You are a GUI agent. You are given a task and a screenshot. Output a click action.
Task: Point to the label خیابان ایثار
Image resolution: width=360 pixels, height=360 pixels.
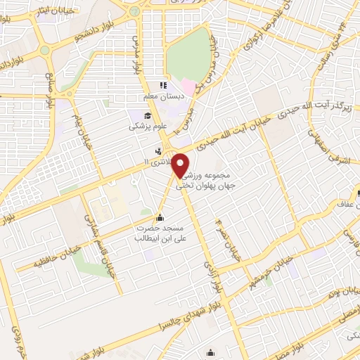pyautogui.click(x=62, y=8)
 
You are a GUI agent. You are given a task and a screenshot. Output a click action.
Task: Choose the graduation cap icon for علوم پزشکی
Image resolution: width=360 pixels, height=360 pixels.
pyautogui.click(x=148, y=116)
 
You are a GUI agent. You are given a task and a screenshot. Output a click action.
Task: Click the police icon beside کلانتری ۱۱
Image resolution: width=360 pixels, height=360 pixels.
pyautogui.click(x=159, y=150)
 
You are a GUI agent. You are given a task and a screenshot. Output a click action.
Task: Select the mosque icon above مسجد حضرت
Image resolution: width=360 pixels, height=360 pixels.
pyautogui.click(x=161, y=217)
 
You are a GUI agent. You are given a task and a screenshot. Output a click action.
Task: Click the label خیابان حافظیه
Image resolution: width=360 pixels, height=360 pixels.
pyautogui.click(x=53, y=264)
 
